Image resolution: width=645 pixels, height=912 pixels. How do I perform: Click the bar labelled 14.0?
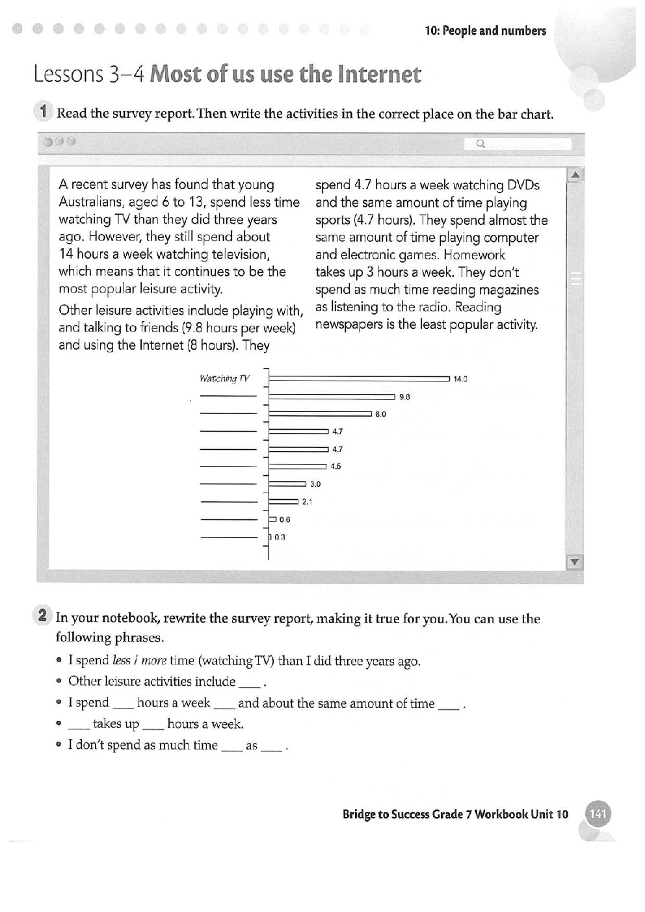click(359, 378)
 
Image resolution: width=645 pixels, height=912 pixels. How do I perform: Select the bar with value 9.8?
click(332, 396)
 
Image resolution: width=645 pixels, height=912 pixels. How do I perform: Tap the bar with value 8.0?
click(320, 413)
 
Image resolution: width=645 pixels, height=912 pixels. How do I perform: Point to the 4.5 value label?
click(336, 466)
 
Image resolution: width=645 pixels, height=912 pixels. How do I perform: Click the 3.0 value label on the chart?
click(315, 484)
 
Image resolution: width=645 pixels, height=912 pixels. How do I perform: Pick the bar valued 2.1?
click(283, 501)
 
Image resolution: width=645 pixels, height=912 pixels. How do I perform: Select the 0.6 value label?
click(285, 519)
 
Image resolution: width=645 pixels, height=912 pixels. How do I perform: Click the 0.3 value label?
click(280, 537)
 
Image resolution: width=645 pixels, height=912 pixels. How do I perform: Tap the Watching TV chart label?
click(224, 378)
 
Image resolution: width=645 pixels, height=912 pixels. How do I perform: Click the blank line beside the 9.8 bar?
click(228, 397)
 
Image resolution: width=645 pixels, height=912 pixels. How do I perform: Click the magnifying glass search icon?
click(481, 144)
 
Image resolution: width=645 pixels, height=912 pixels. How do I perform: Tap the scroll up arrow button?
click(575, 175)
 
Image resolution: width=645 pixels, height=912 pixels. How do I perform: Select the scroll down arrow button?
click(575, 562)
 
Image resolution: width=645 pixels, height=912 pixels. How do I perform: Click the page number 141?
click(598, 814)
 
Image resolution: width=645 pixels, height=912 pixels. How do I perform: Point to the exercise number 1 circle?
click(43, 111)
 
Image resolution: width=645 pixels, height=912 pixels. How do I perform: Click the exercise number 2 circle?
click(43, 616)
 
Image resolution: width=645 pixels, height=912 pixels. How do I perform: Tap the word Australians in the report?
click(95, 202)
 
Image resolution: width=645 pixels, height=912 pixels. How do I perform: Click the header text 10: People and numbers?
click(485, 31)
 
